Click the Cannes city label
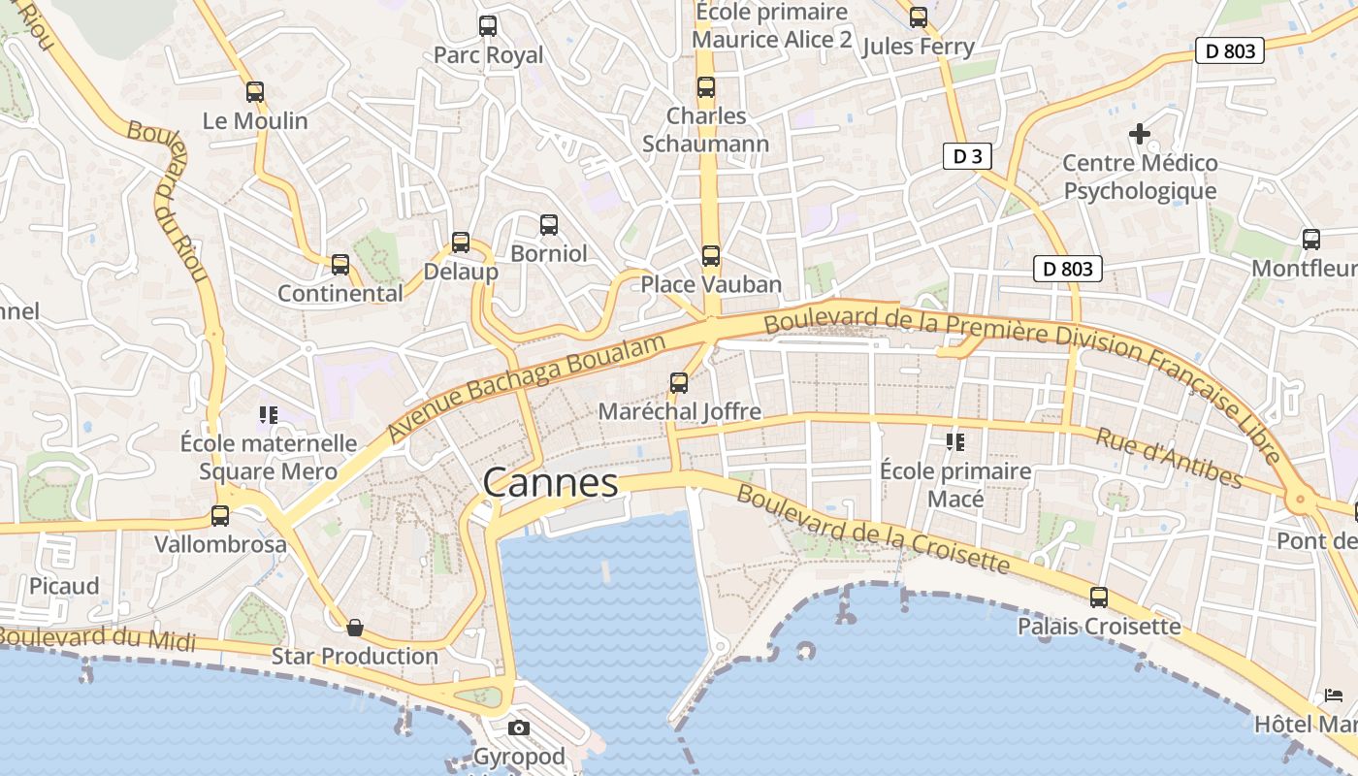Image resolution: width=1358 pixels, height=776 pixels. [x=550, y=482]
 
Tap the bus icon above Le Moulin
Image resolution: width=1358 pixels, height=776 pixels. [x=255, y=92]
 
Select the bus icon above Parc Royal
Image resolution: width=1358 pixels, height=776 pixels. [x=488, y=26]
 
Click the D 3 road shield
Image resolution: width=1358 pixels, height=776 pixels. [x=967, y=156]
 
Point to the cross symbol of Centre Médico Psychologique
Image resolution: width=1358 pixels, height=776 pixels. [x=1140, y=133]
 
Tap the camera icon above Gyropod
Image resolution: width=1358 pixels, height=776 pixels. [x=519, y=727]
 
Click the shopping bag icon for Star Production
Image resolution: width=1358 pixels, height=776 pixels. [x=355, y=628]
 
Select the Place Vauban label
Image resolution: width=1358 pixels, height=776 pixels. [x=711, y=284]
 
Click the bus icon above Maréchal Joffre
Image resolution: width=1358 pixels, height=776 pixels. [x=679, y=383]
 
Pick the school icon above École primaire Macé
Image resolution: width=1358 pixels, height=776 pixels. [x=954, y=442]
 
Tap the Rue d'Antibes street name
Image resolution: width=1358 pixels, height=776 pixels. [x=1169, y=458]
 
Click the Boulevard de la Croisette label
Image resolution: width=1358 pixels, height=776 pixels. [x=873, y=529]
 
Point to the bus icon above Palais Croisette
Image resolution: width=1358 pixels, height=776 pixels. [x=1099, y=598]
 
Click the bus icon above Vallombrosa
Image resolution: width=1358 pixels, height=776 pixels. [x=220, y=516]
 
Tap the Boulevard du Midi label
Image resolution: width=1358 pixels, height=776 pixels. [x=97, y=638]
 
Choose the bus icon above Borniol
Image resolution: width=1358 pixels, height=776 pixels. [x=549, y=225]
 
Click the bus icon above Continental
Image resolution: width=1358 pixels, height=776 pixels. [x=340, y=265]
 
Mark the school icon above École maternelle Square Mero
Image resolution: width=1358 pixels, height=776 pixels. [x=269, y=415]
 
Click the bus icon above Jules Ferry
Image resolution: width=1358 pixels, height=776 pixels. [x=919, y=16]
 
